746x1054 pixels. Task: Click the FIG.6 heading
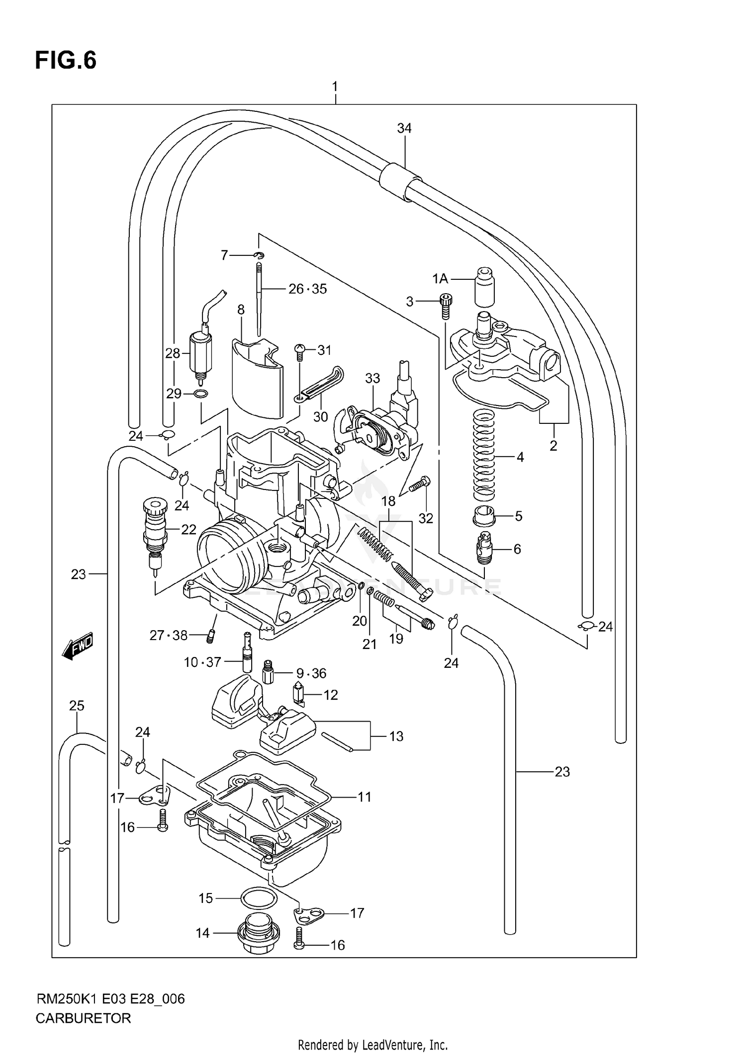tap(66, 61)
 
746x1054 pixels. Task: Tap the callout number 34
tap(404, 128)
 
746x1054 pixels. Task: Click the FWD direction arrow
tap(78, 647)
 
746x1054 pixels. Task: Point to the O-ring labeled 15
tap(258, 898)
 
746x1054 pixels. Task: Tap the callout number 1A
tap(440, 279)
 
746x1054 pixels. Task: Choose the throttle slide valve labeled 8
tap(257, 378)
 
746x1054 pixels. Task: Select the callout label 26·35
tap(308, 289)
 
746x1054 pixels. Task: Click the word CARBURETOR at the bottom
tap(83, 1018)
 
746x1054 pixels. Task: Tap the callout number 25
tap(77, 706)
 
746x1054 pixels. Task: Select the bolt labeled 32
tap(420, 485)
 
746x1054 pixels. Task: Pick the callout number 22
tap(188, 530)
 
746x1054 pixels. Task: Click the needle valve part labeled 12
tap(298, 694)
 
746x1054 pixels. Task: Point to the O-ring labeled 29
tap(200, 394)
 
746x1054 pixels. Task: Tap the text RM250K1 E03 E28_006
tap(110, 999)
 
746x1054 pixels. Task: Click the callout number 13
tap(396, 736)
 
